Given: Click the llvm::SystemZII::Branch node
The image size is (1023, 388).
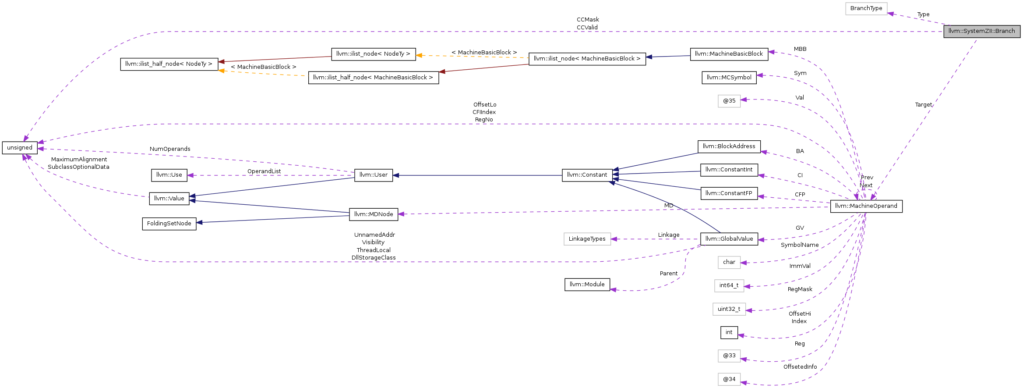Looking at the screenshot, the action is [x=981, y=31].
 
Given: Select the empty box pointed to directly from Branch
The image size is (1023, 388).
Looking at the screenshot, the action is [x=866, y=9].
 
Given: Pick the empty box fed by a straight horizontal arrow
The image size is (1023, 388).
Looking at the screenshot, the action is [x=587, y=239].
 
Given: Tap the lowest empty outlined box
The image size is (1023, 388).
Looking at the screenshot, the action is [x=729, y=379].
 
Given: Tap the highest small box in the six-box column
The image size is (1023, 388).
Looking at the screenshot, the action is [x=729, y=101].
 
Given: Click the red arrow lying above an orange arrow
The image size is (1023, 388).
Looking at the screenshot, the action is [x=276, y=59].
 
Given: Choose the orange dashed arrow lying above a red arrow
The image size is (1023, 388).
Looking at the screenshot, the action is [x=473, y=57].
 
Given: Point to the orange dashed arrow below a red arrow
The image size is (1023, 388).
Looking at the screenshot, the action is [x=263, y=73].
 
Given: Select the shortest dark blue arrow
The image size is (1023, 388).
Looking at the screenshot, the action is [x=668, y=57].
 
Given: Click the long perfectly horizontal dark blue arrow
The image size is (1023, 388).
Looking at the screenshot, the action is [x=477, y=175].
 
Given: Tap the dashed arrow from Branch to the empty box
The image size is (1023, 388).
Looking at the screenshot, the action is [x=917, y=19].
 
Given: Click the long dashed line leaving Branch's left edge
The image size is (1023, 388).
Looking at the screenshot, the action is [x=526, y=32].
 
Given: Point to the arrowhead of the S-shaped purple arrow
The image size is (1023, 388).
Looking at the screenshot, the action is [x=613, y=289].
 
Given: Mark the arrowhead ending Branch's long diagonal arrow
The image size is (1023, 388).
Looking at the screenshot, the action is [x=873, y=198].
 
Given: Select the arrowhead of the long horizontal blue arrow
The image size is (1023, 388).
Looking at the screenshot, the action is [x=395, y=175].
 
